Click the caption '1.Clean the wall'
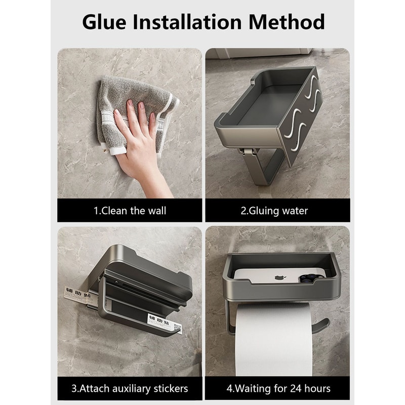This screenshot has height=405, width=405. click(x=130, y=210)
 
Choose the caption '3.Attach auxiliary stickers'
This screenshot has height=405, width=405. click(x=130, y=389)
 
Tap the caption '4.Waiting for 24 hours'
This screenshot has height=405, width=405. click(x=277, y=389)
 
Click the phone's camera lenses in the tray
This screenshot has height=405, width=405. click(x=308, y=277)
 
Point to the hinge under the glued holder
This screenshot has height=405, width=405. click(x=247, y=151)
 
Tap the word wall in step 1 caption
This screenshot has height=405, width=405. click(x=156, y=210)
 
